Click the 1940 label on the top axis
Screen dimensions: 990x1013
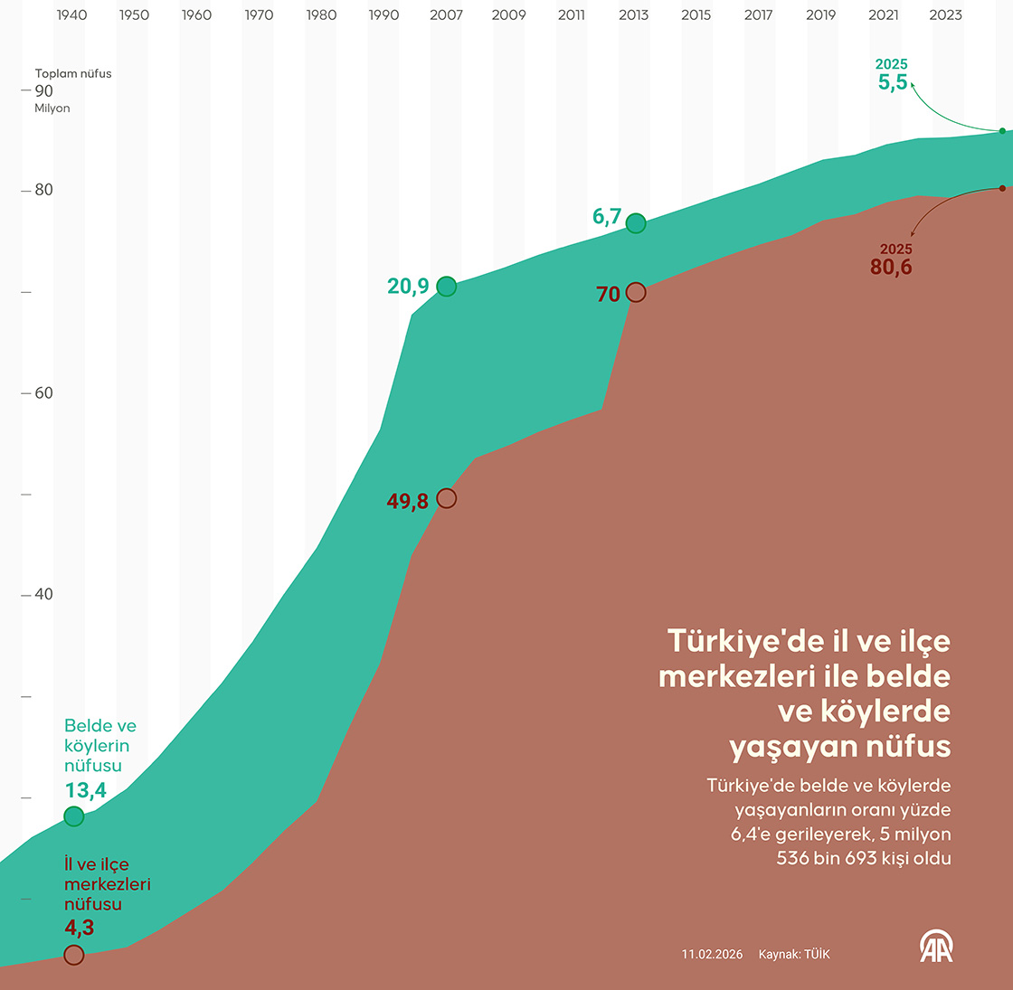pyautogui.click(x=71, y=14)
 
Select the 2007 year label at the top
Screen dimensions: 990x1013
pyautogui.click(x=446, y=14)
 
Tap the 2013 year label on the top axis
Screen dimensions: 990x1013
pyautogui.click(x=633, y=14)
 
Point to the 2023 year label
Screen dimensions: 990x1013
pyautogui.click(x=945, y=14)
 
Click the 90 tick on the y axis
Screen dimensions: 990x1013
pyautogui.click(x=43, y=90)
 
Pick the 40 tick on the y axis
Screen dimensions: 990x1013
pyautogui.click(x=43, y=594)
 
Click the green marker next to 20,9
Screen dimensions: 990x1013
pyautogui.click(x=446, y=287)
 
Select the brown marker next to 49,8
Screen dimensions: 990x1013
pyautogui.click(x=446, y=498)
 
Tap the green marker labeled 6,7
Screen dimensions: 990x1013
pyautogui.click(x=636, y=223)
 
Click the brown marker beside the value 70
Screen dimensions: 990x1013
pyautogui.click(x=636, y=292)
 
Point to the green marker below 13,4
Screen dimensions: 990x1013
pyautogui.click(x=74, y=816)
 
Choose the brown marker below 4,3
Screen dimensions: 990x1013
pyautogui.click(x=74, y=955)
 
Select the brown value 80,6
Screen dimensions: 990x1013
pyautogui.click(x=891, y=268)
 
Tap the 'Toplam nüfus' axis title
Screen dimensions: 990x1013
pyautogui.click(x=73, y=73)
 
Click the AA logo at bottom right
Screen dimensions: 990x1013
pyautogui.click(x=936, y=947)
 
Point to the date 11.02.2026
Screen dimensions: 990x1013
pyautogui.click(x=712, y=955)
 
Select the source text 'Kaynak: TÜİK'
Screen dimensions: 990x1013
pyautogui.click(x=793, y=955)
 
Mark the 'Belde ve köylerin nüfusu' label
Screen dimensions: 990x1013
pyautogui.click(x=99, y=746)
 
